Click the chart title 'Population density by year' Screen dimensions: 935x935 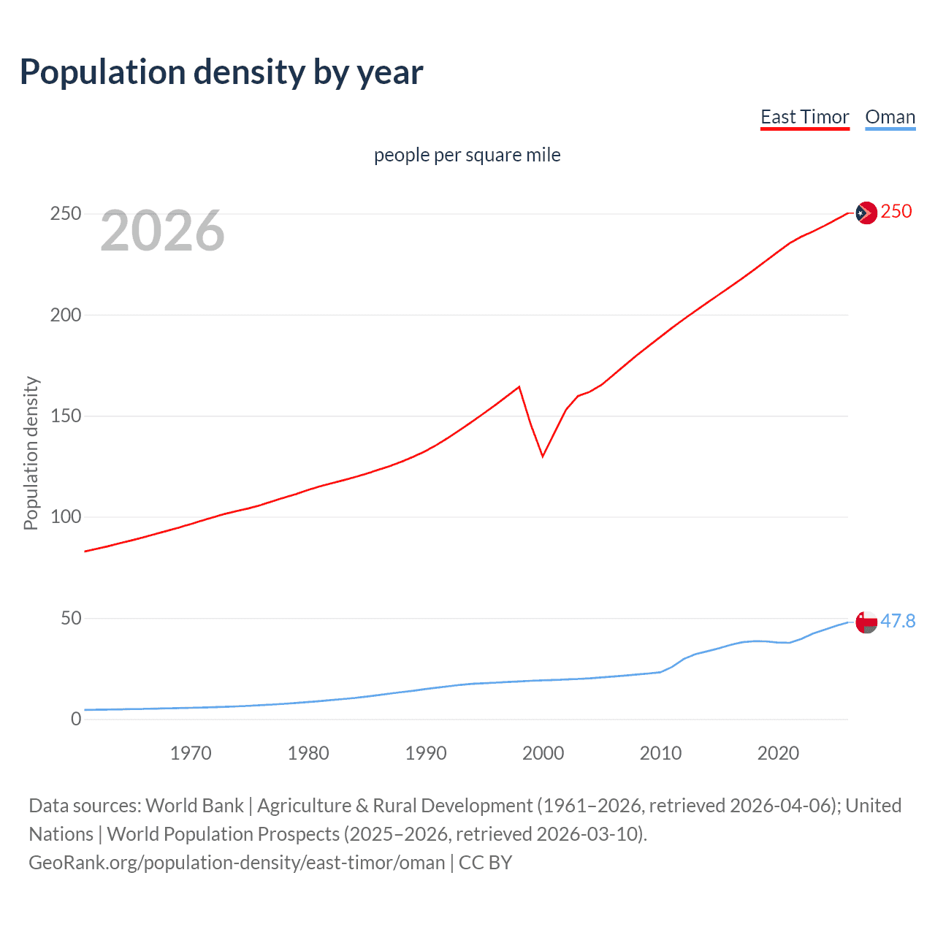click(221, 72)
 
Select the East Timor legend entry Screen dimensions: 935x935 click(804, 117)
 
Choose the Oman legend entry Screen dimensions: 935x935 click(890, 117)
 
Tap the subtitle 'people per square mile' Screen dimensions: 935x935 click(467, 155)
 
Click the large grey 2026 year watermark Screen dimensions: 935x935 click(162, 231)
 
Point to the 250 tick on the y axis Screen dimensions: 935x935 click(66, 214)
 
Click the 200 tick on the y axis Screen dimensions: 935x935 click(66, 315)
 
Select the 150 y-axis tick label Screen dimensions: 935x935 click(66, 416)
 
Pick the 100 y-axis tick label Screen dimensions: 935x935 click(66, 517)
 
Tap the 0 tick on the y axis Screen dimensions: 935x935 click(76, 720)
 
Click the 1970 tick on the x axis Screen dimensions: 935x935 click(191, 753)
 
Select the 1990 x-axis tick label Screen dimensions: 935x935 click(426, 753)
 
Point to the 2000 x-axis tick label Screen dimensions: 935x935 click(543, 753)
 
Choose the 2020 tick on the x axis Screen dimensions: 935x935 click(778, 753)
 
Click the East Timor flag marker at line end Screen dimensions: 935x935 click(866, 213)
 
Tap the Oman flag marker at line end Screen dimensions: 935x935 click(866, 622)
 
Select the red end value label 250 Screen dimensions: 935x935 click(896, 212)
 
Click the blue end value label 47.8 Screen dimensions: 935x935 click(898, 622)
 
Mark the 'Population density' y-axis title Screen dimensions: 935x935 click(31, 453)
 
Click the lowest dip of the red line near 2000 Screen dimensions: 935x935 click(543, 457)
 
